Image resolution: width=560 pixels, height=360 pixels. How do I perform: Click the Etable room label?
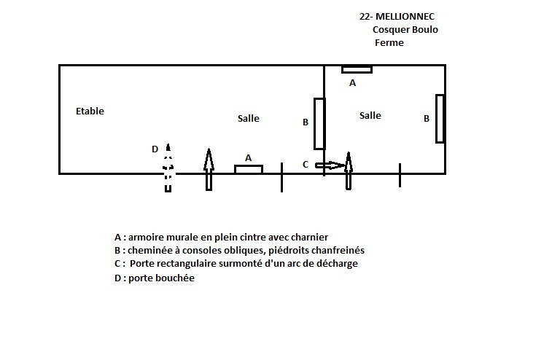coord(90,111)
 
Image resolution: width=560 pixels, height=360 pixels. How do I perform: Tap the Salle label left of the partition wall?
coord(249,118)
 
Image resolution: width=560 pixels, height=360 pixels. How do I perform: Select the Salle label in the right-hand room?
coord(370,115)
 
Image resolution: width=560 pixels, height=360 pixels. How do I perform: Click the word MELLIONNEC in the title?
coord(405,17)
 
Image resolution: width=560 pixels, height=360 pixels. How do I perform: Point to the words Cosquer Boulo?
coord(405,30)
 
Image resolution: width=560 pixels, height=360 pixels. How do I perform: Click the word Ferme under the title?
coord(389,43)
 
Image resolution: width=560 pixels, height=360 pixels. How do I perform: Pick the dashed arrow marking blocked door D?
coord(168,168)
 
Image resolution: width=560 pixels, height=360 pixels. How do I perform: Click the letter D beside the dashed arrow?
coord(155,149)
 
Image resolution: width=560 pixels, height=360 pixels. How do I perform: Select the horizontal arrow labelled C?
coord(330,165)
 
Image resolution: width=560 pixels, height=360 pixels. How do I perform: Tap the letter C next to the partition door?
coord(306,165)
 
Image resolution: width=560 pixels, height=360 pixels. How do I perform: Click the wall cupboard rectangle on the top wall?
coord(357,69)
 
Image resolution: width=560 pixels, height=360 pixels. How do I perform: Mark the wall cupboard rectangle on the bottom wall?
coord(249,170)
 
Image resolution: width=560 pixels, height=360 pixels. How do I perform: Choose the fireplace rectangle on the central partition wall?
coord(319,124)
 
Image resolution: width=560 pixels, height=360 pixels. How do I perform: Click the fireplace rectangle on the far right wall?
coord(440,119)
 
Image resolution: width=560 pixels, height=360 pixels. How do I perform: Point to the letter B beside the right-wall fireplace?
coord(427,119)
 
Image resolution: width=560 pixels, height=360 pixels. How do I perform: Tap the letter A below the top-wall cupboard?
coord(352,83)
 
